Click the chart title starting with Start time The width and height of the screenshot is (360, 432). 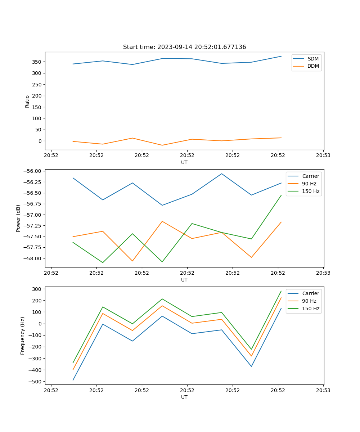click(184, 47)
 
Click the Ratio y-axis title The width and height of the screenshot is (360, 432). click(27, 101)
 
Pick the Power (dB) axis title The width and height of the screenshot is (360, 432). click(18, 218)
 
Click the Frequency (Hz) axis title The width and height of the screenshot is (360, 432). click(23, 336)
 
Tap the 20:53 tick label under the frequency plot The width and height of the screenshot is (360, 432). click(323, 390)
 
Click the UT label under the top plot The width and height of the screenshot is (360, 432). click(184, 162)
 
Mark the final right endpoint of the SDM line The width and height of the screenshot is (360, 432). click(281, 56)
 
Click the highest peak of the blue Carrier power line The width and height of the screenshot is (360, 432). click(222, 174)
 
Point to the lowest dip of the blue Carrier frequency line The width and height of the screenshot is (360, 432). click(73, 380)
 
